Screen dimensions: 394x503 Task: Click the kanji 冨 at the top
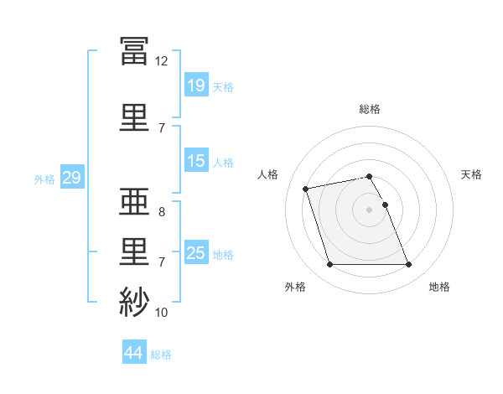click(134, 52)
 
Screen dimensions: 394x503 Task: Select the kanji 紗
click(134, 302)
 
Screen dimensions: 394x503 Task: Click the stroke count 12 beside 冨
click(162, 61)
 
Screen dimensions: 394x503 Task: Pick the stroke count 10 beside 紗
click(162, 313)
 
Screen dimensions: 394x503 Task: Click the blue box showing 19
click(195, 86)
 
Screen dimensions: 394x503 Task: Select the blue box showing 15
click(195, 161)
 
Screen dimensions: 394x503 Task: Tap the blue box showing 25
click(195, 253)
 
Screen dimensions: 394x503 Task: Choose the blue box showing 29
click(71, 178)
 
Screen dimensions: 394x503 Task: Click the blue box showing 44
click(133, 353)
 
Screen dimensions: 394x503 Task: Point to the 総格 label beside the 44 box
click(161, 355)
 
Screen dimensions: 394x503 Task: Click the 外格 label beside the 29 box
click(44, 179)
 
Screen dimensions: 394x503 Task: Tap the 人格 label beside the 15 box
click(223, 162)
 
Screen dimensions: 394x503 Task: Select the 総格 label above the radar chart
click(370, 109)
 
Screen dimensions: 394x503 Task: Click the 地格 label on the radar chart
click(439, 287)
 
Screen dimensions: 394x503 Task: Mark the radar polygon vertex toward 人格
click(306, 188)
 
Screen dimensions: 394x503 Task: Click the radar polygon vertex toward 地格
click(408, 265)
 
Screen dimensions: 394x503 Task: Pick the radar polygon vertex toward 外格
click(329, 265)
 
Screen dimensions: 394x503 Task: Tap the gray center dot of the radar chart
click(369, 209)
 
